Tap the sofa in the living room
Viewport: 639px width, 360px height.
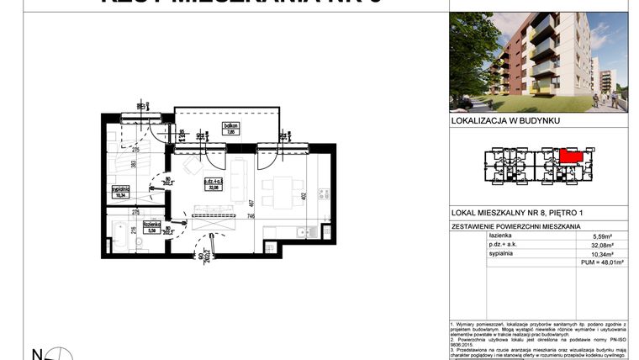238,179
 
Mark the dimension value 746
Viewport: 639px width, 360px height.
251,216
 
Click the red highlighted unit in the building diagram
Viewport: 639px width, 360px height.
571,156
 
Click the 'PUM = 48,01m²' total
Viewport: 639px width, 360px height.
604,262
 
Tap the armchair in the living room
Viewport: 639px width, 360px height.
192,167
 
